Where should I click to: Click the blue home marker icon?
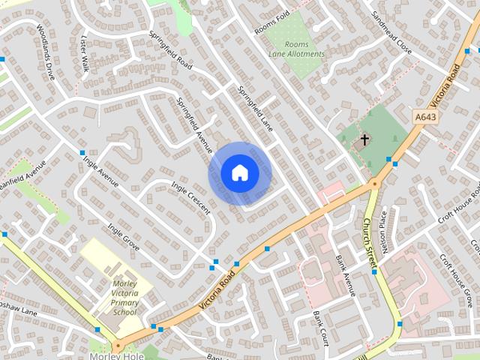pos(240,173)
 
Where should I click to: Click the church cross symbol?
pos(365,139)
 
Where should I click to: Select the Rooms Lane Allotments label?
pos(297,49)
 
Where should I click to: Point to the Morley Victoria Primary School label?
pos(124,297)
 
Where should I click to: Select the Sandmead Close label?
pos(391,34)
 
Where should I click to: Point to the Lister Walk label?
pos(85,55)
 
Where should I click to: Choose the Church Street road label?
pos(368,241)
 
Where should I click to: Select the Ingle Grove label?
pos(123,236)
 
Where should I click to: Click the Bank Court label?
pos(321,327)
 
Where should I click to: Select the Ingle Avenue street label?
pos(101,171)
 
